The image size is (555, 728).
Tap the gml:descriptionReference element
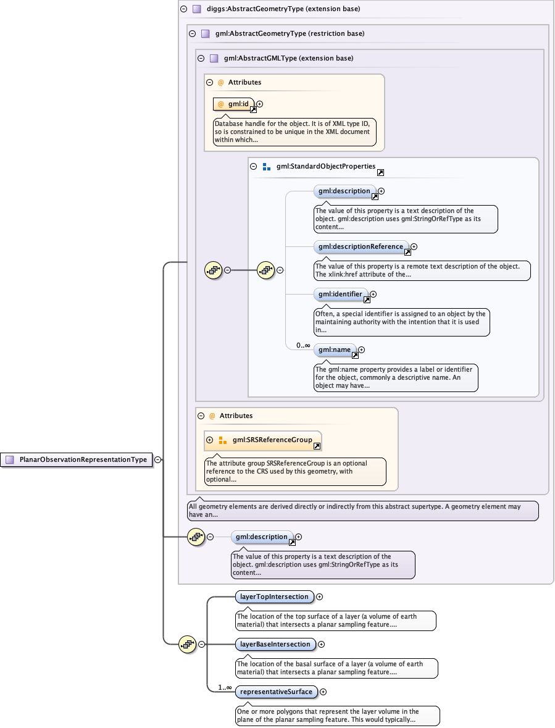[x=361, y=247]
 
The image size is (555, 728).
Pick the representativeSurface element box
[x=277, y=692]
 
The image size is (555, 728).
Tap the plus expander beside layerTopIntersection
[x=320, y=596]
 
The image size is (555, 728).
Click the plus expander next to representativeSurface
[x=323, y=692]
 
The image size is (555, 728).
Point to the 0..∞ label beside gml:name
[x=303, y=346]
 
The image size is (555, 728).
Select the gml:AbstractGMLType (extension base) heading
[x=288, y=59]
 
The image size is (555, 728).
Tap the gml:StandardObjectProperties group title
[x=325, y=166]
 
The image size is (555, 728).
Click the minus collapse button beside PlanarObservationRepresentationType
[x=158, y=459]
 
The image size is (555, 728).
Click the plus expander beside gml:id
[x=260, y=104]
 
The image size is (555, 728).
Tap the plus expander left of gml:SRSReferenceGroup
[x=209, y=440]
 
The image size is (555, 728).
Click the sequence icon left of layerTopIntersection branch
[x=187, y=645]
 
